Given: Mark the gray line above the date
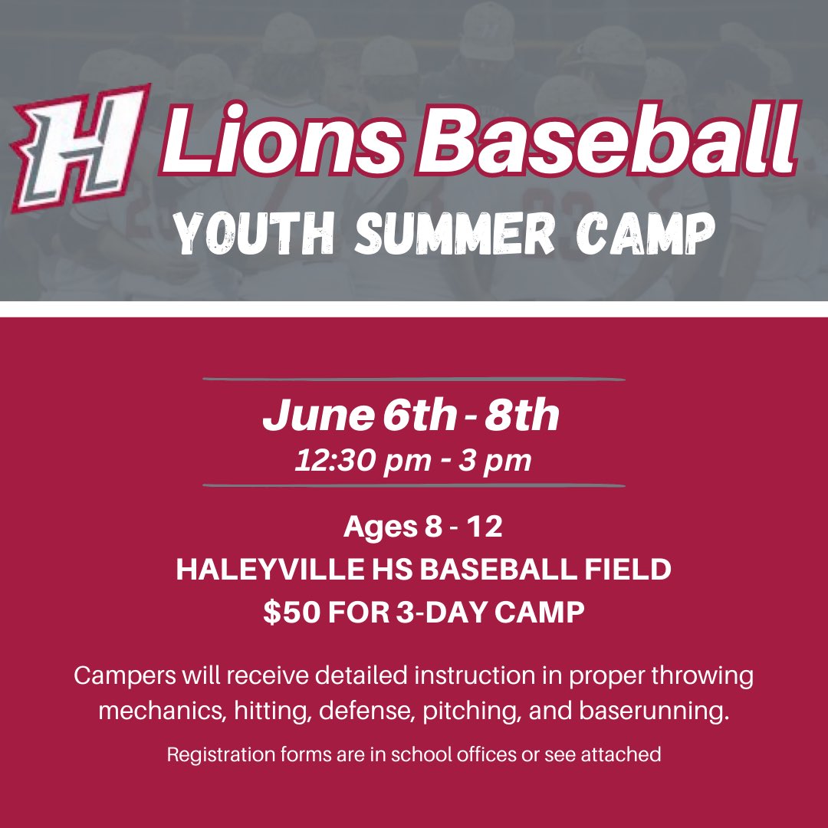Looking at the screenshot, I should (414, 379).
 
